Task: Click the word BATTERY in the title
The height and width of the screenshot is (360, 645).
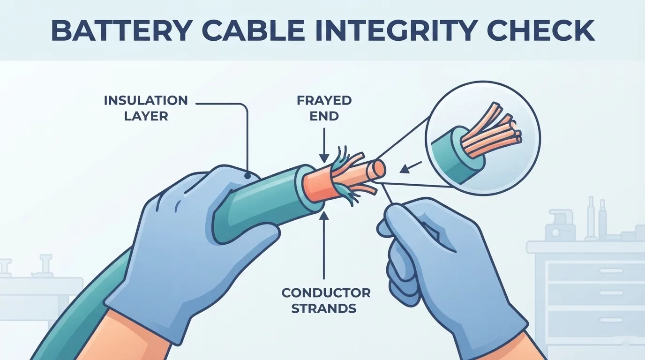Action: [x=121, y=30]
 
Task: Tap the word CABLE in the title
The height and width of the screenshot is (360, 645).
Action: [x=253, y=30]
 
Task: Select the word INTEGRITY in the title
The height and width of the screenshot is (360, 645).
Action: [x=395, y=30]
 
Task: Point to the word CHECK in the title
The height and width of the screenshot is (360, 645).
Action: [x=540, y=30]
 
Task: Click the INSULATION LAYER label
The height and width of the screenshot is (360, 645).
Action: [x=146, y=108]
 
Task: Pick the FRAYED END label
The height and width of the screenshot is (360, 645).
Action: [x=324, y=108]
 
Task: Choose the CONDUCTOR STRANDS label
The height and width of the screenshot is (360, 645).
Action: [x=326, y=300]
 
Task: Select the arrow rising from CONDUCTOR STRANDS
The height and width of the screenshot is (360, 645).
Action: [x=324, y=245]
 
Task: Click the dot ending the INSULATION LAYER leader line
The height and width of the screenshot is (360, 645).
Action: [x=247, y=175]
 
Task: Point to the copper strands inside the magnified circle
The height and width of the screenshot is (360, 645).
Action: [x=491, y=131]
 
